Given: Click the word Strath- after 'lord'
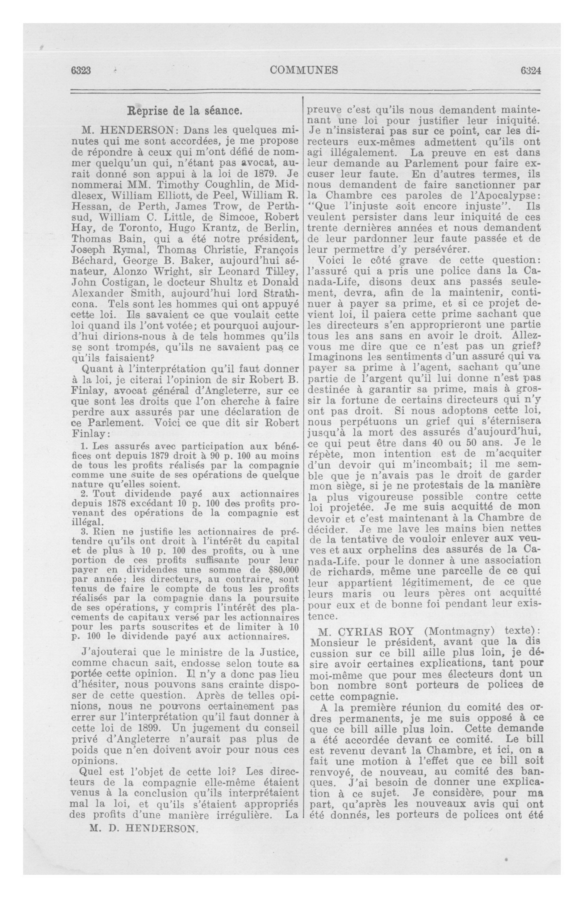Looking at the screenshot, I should (x=277, y=293).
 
